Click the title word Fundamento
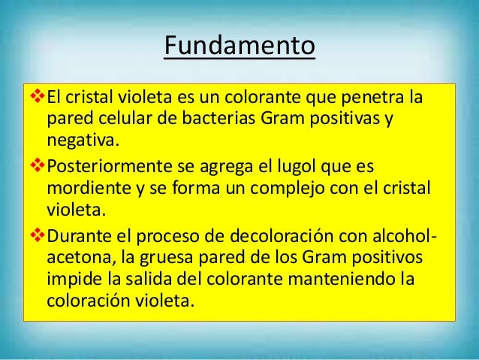[x=239, y=46]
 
